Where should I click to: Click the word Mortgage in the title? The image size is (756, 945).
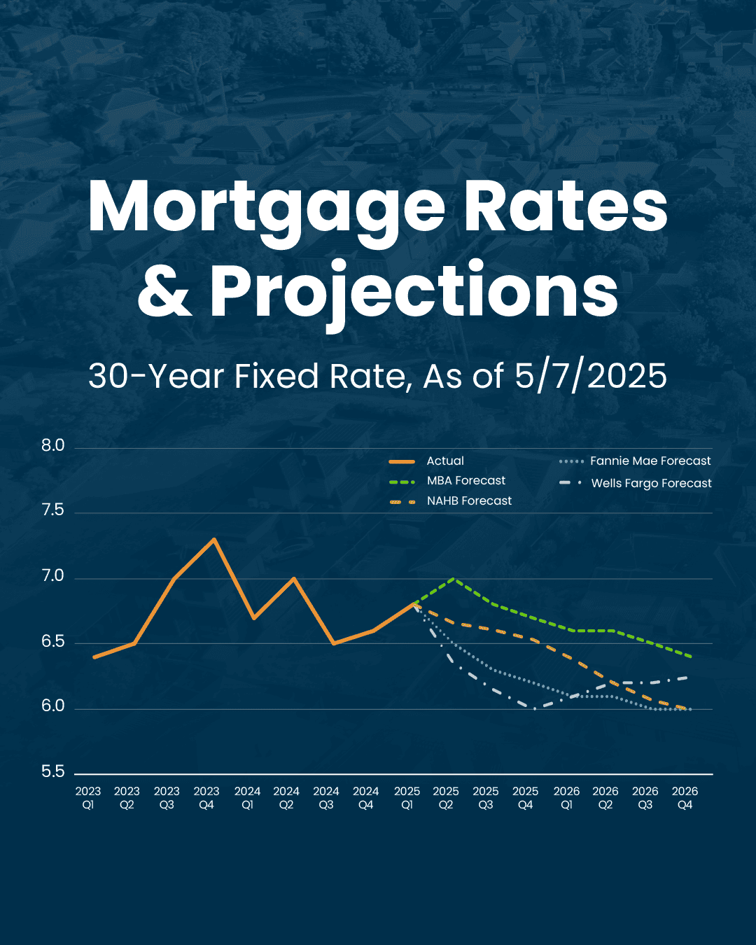tap(266, 209)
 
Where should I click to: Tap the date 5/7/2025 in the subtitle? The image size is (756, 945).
tap(590, 376)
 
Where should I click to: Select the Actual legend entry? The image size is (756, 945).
tap(445, 461)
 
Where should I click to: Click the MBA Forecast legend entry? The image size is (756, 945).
tap(465, 481)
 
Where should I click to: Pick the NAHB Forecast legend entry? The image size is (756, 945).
tap(469, 501)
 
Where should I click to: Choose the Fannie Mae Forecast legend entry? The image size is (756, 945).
tap(650, 461)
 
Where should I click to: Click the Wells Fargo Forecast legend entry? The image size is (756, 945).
tap(651, 484)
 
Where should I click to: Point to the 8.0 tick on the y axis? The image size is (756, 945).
tap(52, 446)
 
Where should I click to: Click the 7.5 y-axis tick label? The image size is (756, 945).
tap(52, 510)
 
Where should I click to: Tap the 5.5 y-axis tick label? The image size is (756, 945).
tap(52, 772)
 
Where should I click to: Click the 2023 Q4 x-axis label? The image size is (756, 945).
tap(206, 798)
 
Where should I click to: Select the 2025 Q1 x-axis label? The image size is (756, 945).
tap(407, 798)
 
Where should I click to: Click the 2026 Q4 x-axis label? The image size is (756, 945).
tap(685, 798)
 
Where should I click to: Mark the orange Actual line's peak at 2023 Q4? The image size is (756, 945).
tap(214, 539)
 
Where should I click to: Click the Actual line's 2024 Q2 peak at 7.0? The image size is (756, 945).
tap(294, 578)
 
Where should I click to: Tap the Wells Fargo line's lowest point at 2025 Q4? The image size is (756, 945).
tap(535, 708)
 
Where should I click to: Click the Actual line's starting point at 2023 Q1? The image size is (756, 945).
tap(94, 657)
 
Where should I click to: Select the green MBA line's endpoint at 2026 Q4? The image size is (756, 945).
tap(692, 657)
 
